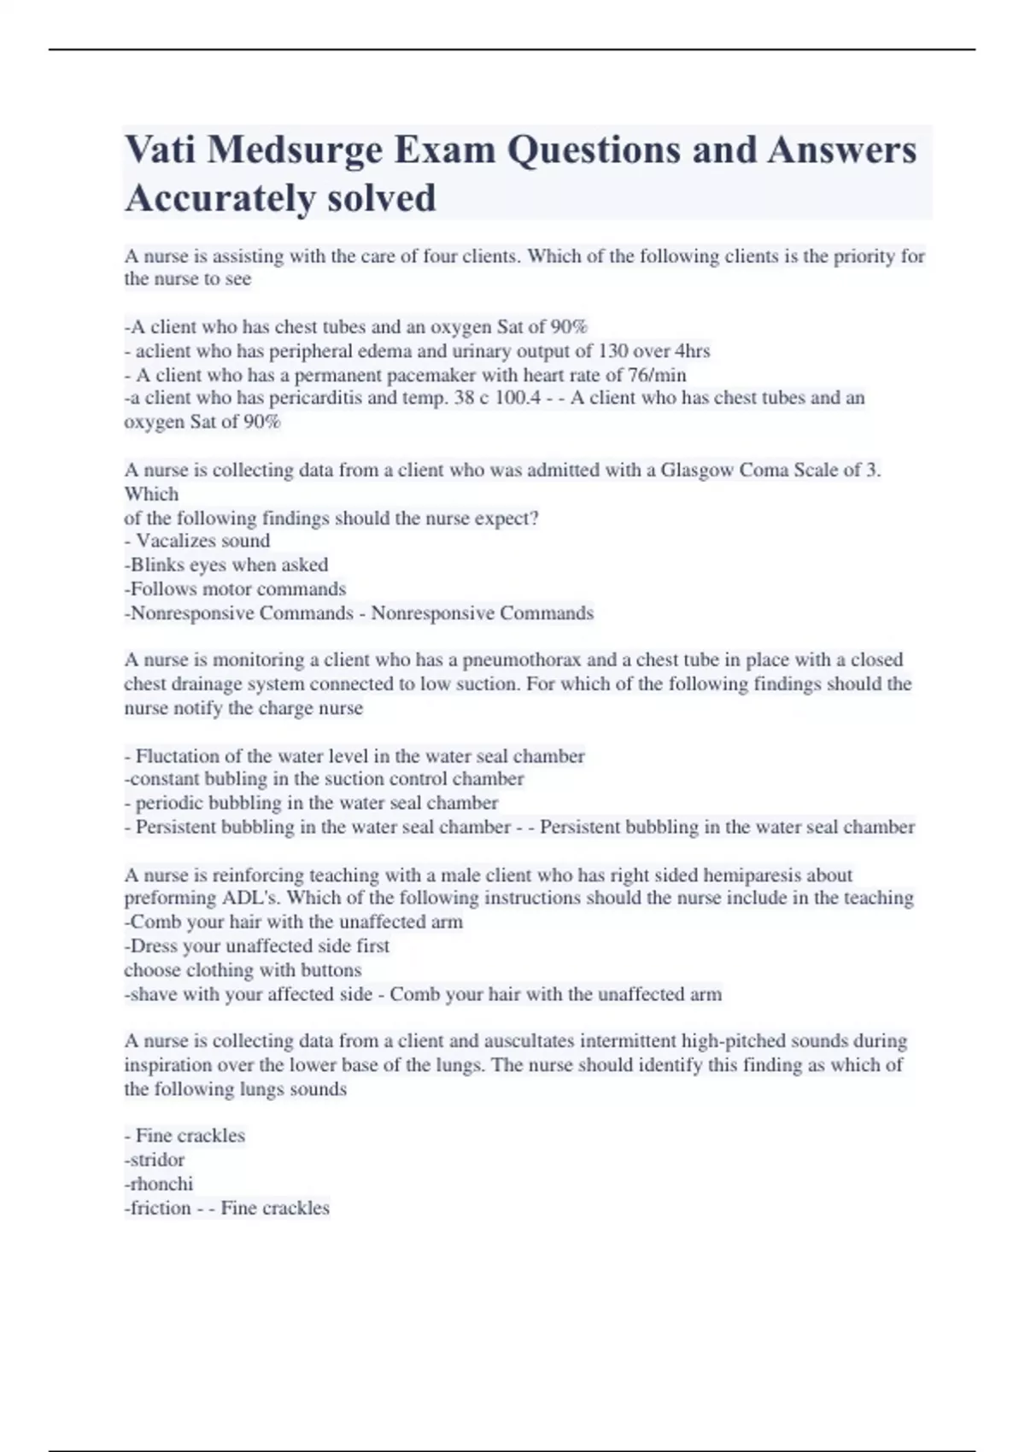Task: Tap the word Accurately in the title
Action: [208, 198]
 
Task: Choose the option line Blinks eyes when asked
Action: [227, 565]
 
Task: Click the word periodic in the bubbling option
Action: [172, 803]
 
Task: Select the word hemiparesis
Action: [754, 875]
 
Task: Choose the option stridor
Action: [156, 1160]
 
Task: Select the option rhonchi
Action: [161, 1184]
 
